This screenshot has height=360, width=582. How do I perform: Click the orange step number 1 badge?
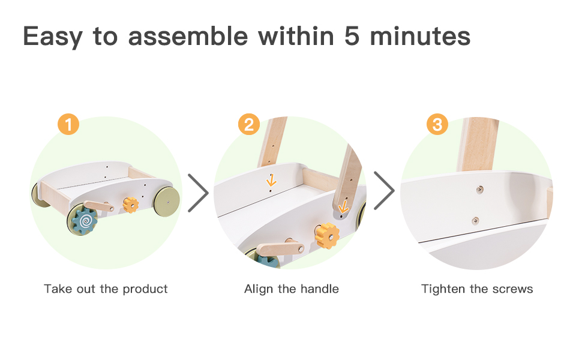click(68, 124)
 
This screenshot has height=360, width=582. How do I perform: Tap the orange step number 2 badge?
click(248, 124)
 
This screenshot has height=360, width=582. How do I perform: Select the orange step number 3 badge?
click(437, 124)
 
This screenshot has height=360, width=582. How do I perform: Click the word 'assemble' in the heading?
click(188, 36)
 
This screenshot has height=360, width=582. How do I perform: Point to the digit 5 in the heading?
click(352, 37)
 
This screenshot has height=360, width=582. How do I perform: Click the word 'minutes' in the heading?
click(420, 37)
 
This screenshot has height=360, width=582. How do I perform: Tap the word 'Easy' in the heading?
click(52, 37)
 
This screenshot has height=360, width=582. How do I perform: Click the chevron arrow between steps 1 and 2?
click(199, 193)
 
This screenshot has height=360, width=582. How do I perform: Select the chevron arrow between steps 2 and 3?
click(384, 190)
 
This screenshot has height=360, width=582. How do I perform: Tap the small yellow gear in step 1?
click(131, 205)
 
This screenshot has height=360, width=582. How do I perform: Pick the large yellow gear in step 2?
click(327, 236)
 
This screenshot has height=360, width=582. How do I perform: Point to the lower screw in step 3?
click(475, 221)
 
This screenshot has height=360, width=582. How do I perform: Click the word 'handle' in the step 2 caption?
click(320, 289)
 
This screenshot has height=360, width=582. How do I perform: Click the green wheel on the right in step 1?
click(167, 202)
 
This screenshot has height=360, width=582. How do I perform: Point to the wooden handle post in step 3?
click(478, 145)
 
